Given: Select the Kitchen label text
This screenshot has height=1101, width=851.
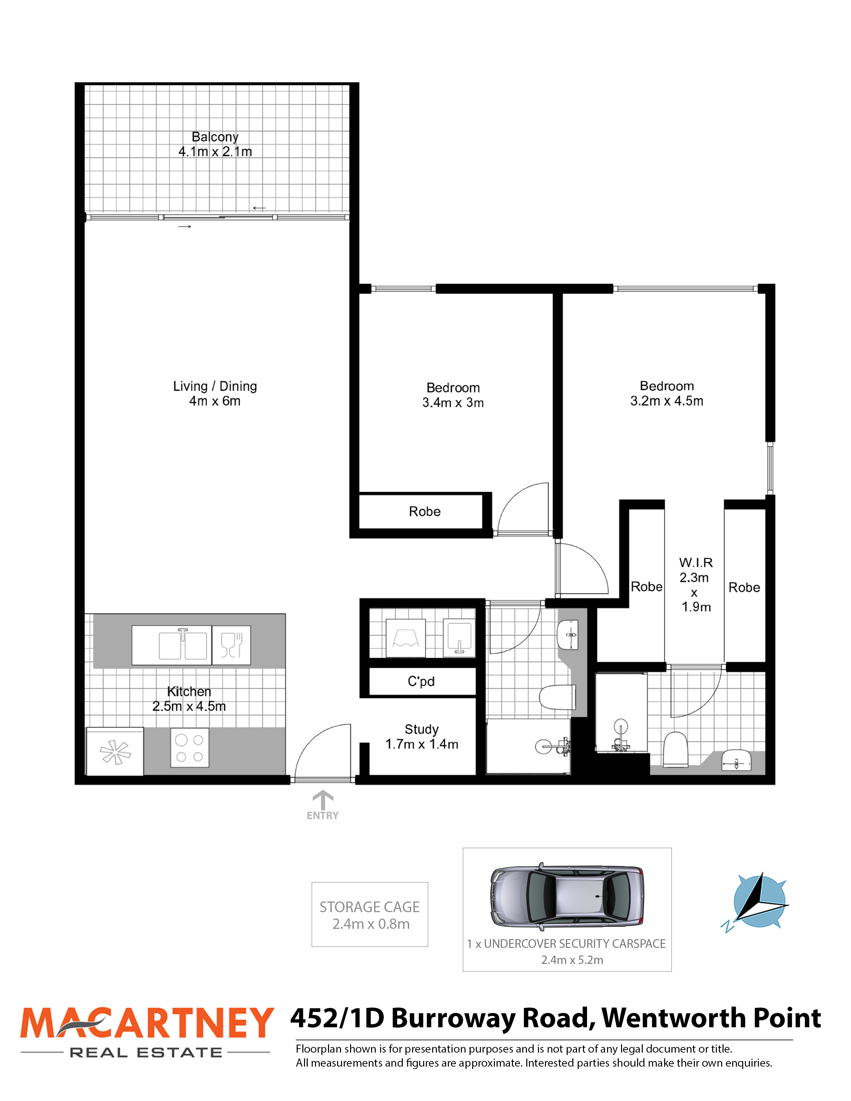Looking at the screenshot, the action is click(189, 691).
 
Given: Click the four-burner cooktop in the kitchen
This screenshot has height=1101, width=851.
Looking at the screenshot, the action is click(190, 748).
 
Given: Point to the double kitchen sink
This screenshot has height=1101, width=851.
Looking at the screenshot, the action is click(183, 645).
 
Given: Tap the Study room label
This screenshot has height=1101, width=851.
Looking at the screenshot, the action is click(421, 729).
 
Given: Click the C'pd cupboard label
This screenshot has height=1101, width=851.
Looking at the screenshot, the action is click(421, 682).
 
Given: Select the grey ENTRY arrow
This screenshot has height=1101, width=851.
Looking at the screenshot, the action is click(323, 800).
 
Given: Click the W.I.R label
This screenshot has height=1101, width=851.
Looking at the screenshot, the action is click(696, 563).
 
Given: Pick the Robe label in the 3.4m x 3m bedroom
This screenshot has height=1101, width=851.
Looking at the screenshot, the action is click(424, 512).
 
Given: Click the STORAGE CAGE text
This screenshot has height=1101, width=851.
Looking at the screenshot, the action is click(369, 907).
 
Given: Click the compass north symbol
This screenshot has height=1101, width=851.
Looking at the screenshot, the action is click(755, 902).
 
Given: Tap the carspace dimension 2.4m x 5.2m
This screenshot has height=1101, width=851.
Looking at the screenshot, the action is click(572, 960).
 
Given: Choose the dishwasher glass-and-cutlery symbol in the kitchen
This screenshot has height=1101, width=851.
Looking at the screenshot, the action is click(231, 645).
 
